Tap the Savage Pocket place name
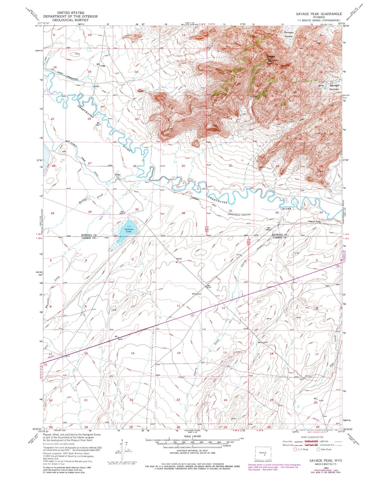(334, 87)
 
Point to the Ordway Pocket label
(288, 34)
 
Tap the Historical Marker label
(314, 221)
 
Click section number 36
(183, 213)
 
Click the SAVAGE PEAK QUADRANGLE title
(319, 14)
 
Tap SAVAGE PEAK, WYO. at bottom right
(326, 461)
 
